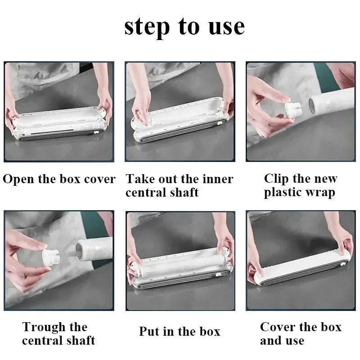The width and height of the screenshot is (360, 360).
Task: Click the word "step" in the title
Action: click(147, 27)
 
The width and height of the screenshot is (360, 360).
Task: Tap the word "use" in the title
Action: click(227, 27)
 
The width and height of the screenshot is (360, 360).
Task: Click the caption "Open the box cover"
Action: click(59, 179)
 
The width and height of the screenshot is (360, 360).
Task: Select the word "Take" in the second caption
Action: click(140, 179)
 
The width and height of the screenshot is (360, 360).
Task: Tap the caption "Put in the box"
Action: click(180, 332)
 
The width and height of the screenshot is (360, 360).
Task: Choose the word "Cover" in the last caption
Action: click(276, 327)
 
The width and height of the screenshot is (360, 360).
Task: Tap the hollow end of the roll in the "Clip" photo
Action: click(312, 106)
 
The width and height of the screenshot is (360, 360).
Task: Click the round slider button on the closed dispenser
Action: click(342, 264)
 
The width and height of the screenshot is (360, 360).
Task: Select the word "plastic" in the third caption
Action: click(281, 193)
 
